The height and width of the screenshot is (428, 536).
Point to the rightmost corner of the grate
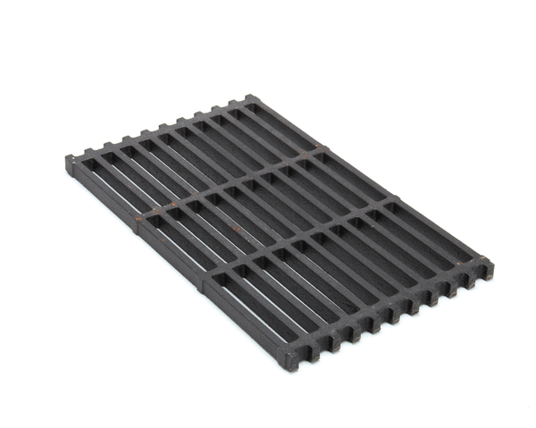tap(490, 263)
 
